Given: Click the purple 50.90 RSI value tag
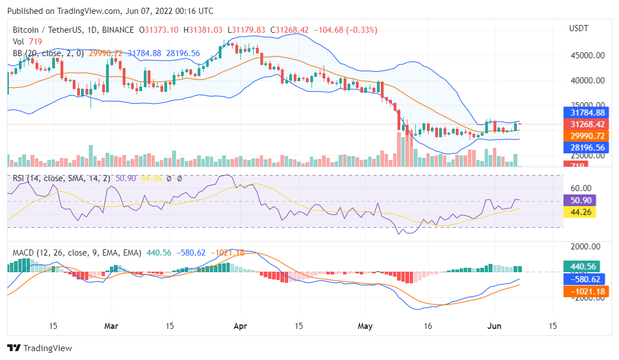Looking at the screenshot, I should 579,201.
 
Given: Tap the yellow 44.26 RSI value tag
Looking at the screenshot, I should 579,212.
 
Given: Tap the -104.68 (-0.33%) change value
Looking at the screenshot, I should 346,30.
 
